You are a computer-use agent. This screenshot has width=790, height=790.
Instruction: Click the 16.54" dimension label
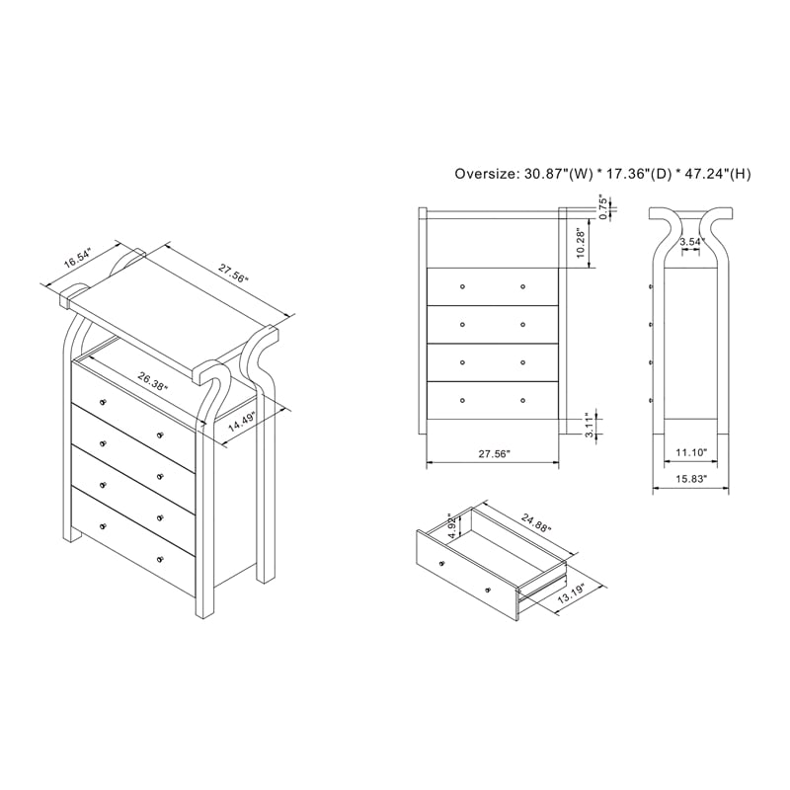(x=77, y=259)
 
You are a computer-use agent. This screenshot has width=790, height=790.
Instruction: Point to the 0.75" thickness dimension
(x=602, y=206)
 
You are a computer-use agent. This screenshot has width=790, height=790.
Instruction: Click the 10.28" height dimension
(x=582, y=241)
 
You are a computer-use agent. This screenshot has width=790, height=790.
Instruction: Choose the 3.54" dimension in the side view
(x=691, y=242)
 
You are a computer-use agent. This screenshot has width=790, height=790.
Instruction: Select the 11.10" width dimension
(x=690, y=452)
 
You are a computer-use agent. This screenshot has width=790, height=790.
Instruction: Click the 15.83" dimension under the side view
(x=690, y=480)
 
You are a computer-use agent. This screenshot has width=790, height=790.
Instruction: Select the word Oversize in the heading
(x=486, y=174)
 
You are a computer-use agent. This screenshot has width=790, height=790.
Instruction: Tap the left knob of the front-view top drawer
(x=462, y=285)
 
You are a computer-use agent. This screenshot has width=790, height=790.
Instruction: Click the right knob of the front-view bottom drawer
(x=522, y=400)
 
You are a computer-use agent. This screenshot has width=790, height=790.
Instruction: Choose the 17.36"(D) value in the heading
(x=637, y=174)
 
